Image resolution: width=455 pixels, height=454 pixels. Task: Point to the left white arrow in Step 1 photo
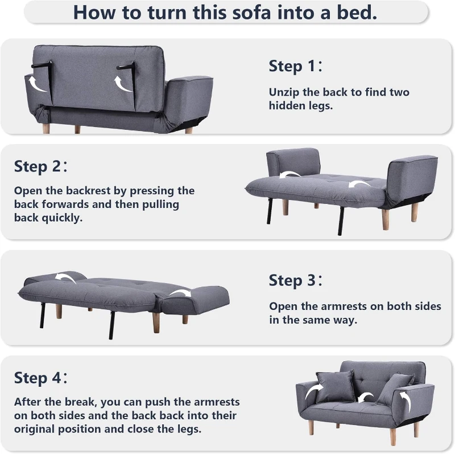tap(38, 85)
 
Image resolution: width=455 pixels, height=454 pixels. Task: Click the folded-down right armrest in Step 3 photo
tap(196, 298)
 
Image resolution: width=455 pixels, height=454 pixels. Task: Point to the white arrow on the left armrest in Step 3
tap(65, 278)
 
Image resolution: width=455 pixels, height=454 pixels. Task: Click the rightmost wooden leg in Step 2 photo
tap(415, 211)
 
